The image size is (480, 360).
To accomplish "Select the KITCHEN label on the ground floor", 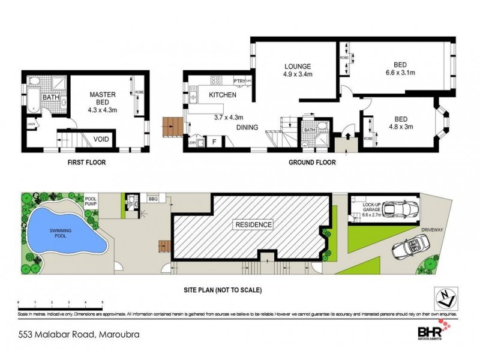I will tap(222, 95).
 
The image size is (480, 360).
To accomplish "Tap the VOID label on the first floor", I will tap(101, 140).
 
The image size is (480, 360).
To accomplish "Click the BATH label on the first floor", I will tap(50, 97).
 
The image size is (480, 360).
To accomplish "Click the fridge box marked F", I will tap(214, 142).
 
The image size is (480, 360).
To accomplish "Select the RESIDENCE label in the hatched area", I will tap(253, 225).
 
